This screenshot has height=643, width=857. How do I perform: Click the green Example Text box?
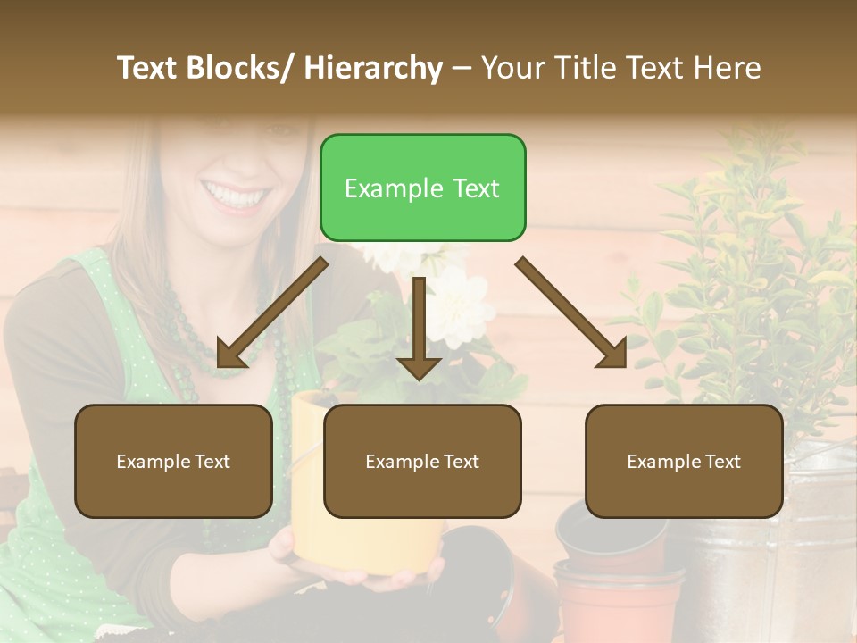[x=422, y=188]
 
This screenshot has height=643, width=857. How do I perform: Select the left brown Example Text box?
[x=173, y=461]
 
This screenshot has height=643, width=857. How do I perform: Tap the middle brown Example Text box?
[x=422, y=461]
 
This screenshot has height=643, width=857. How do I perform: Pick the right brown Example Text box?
[x=684, y=461]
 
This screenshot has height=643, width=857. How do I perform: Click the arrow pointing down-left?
[x=269, y=314]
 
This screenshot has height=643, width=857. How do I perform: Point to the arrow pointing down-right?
[x=572, y=313]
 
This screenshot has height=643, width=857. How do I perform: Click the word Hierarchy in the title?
[x=373, y=68]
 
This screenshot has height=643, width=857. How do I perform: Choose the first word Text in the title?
[x=150, y=68]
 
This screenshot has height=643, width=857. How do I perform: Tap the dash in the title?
[x=462, y=68]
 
